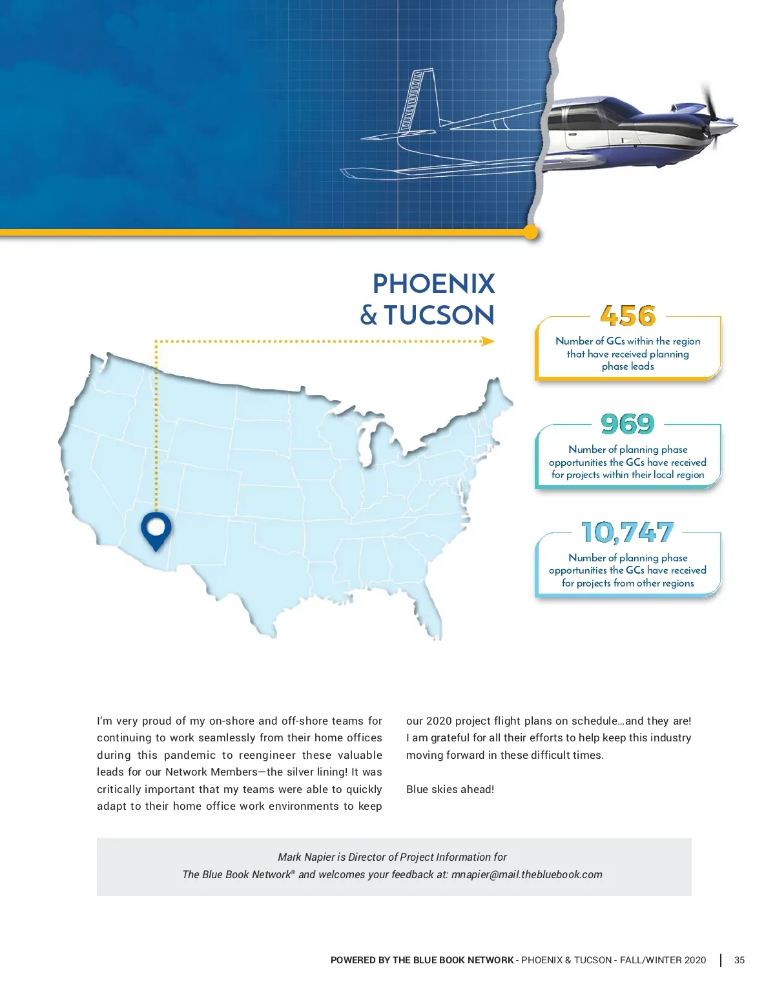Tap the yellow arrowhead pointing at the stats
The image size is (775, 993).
(488, 341)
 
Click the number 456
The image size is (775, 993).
(628, 316)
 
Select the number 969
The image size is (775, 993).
(628, 424)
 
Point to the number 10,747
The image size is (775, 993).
(628, 532)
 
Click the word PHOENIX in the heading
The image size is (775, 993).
(433, 284)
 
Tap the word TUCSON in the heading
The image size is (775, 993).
(439, 316)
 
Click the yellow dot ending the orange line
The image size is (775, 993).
(531, 233)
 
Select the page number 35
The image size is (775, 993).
(739, 960)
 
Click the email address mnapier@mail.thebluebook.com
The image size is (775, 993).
(526, 874)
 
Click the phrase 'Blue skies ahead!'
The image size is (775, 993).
(450, 789)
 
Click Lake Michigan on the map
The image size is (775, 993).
(367, 445)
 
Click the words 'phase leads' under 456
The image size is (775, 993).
(628, 366)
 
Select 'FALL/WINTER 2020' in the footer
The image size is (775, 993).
(663, 960)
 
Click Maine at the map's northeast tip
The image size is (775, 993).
(497, 397)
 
